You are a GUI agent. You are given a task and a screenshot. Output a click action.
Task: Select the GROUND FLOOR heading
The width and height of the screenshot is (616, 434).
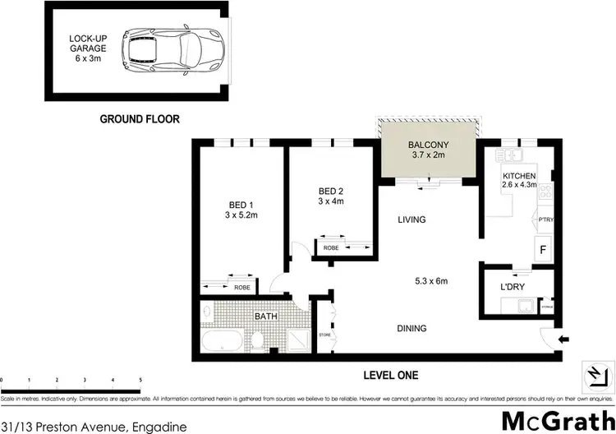pyautogui.click(x=139, y=118)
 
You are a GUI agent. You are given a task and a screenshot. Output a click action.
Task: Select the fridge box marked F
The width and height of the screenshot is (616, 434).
pyautogui.click(x=543, y=247)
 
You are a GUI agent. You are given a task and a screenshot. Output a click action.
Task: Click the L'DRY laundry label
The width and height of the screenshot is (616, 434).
pyautogui.click(x=513, y=288)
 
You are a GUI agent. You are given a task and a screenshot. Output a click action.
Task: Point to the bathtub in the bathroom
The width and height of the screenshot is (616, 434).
pyautogui.click(x=222, y=339)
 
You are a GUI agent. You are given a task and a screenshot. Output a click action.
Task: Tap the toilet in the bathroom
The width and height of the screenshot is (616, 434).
pyautogui.click(x=259, y=338)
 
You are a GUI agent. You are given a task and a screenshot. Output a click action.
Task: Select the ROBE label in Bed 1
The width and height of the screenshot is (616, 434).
pyautogui.click(x=241, y=288)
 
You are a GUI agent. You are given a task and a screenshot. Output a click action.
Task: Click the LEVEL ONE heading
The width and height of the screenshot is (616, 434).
pyautogui.click(x=391, y=376)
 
